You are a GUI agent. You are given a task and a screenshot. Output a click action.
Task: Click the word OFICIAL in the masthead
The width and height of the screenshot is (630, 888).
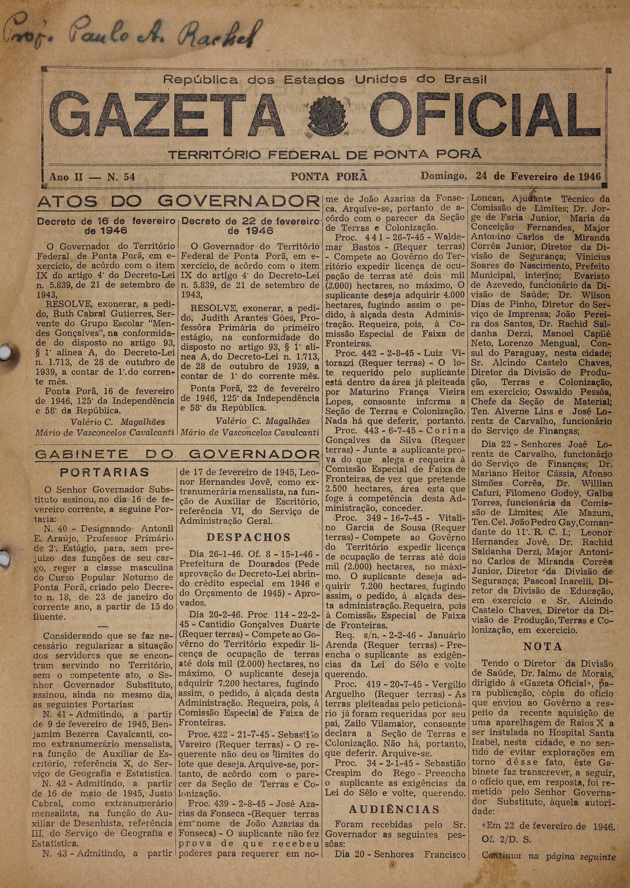click(x=480, y=114)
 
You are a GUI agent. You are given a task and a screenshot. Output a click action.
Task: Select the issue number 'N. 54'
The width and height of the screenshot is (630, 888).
click(x=121, y=177)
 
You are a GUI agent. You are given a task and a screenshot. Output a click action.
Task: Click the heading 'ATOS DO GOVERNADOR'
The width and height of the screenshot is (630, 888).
click(x=178, y=202)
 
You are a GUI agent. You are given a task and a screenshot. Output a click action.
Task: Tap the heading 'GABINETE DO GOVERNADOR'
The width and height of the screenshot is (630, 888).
click(x=178, y=454)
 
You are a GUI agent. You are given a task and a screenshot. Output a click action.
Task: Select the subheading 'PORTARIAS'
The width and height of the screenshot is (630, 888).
click(x=104, y=472)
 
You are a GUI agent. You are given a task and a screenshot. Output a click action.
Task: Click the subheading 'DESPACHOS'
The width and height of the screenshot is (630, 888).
click(x=249, y=537)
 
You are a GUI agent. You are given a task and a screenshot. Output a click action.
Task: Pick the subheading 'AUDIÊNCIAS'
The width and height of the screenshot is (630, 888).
click(x=394, y=809)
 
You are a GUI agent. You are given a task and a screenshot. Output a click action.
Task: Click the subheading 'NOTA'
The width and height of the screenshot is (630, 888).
click(x=543, y=646)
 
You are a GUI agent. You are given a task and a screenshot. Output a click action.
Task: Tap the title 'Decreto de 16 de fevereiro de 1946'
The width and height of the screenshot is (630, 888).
click(x=106, y=226)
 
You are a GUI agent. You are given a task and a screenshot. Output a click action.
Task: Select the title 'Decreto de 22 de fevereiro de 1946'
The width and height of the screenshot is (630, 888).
click(x=250, y=226)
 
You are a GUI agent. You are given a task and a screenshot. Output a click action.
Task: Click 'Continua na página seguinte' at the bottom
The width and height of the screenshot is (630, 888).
click(x=549, y=856)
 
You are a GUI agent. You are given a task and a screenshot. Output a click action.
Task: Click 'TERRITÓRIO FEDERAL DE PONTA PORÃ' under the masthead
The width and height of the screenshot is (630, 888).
click(x=325, y=155)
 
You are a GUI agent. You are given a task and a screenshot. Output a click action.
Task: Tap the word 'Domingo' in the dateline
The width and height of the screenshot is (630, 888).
click(x=443, y=176)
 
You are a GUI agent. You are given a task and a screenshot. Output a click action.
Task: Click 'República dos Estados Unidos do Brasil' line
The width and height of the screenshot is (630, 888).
click(x=325, y=80)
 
